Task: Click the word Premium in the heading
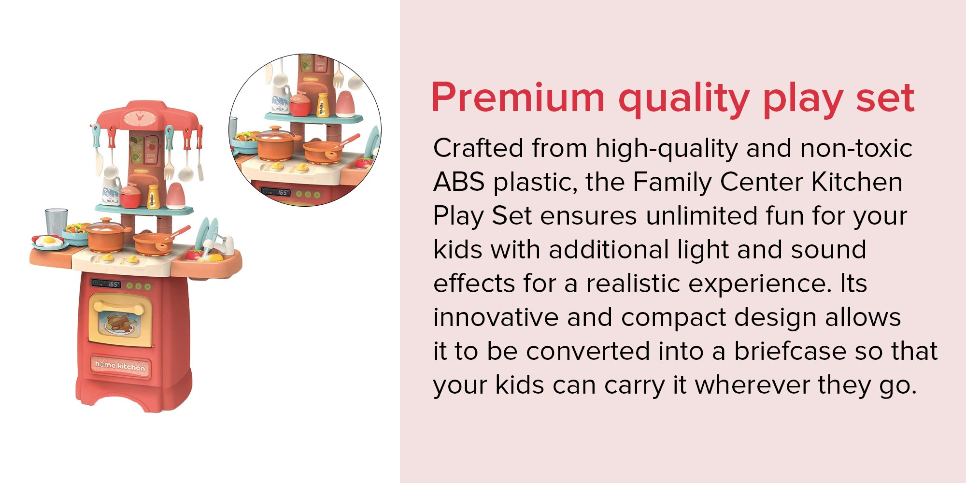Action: coord(518,98)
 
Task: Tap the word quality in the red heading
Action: coord(684,99)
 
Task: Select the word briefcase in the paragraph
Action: coord(791,351)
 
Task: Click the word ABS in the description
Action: coord(458,182)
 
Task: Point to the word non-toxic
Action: coord(856,148)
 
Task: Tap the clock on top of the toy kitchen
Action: coord(138,118)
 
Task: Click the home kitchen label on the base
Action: coord(120,366)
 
